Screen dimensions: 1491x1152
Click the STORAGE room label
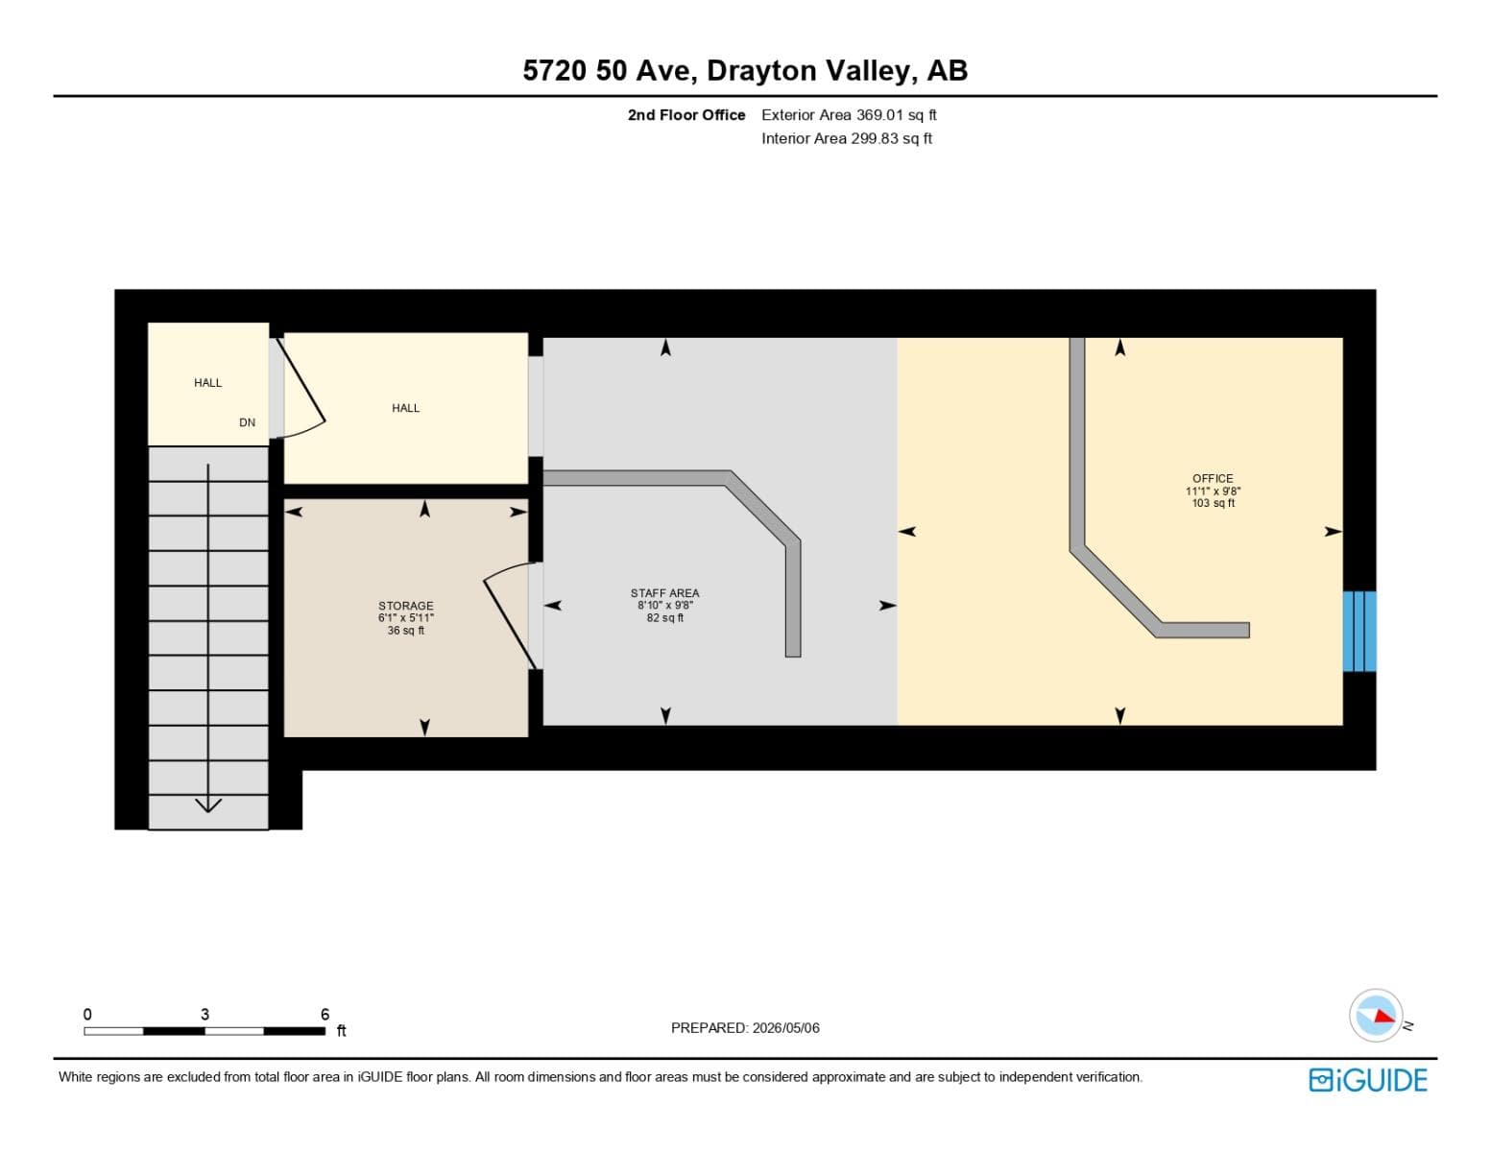[x=405, y=606]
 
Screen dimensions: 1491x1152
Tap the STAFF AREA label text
[x=665, y=593]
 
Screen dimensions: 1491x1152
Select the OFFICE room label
[x=1213, y=479]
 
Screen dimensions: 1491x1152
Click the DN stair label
[x=247, y=422]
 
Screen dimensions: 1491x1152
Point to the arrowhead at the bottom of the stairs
[x=208, y=804]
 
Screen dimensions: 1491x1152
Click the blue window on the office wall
[x=1359, y=632]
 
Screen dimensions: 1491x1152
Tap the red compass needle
[x=1384, y=1016]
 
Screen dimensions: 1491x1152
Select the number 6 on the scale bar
[x=325, y=1014]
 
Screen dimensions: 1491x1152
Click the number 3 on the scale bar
[x=204, y=1014]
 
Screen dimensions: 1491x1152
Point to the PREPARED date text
[x=745, y=1028]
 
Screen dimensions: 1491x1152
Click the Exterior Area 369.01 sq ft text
[x=849, y=115]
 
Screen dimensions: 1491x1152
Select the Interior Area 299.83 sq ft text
[x=847, y=138]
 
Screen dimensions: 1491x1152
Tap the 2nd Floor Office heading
[x=686, y=115]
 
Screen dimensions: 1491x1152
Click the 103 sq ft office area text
[x=1214, y=503]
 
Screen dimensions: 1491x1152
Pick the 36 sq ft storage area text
[x=405, y=631]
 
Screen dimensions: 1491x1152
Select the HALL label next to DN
[x=208, y=383]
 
